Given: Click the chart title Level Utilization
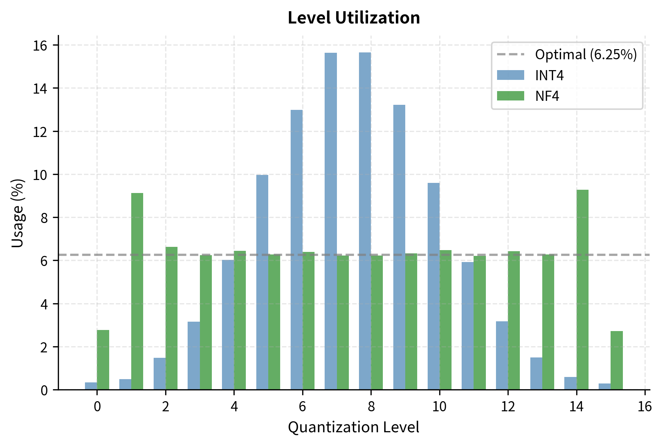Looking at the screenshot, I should point(354,18).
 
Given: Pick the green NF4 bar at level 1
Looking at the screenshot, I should point(137,291).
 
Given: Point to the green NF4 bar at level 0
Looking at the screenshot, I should point(103,360).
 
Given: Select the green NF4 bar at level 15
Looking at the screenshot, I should point(617,360).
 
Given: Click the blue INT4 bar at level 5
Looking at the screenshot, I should point(262,282).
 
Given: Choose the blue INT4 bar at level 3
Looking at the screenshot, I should point(194,356).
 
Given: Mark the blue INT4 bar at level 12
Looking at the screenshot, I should point(502,356).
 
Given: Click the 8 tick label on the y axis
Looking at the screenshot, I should point(44,218).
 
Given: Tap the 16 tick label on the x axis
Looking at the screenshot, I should point(645,407).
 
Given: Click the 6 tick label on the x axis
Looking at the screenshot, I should point(302,407).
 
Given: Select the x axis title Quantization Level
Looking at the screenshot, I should point(354,428).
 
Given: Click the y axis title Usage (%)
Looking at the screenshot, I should point(17,213).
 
